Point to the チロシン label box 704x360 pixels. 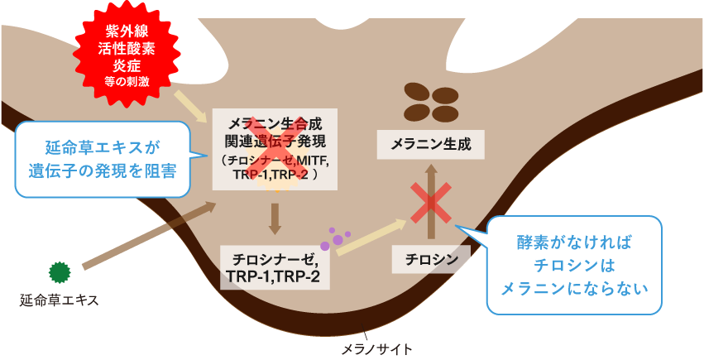pos(432,259)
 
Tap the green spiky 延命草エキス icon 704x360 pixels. pos(60,270)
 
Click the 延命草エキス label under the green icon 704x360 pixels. pos(60,300)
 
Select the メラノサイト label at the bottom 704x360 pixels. pos(377,348)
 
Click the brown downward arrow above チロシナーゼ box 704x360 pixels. pos(275,217)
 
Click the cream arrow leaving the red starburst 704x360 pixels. pos(191,103)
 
